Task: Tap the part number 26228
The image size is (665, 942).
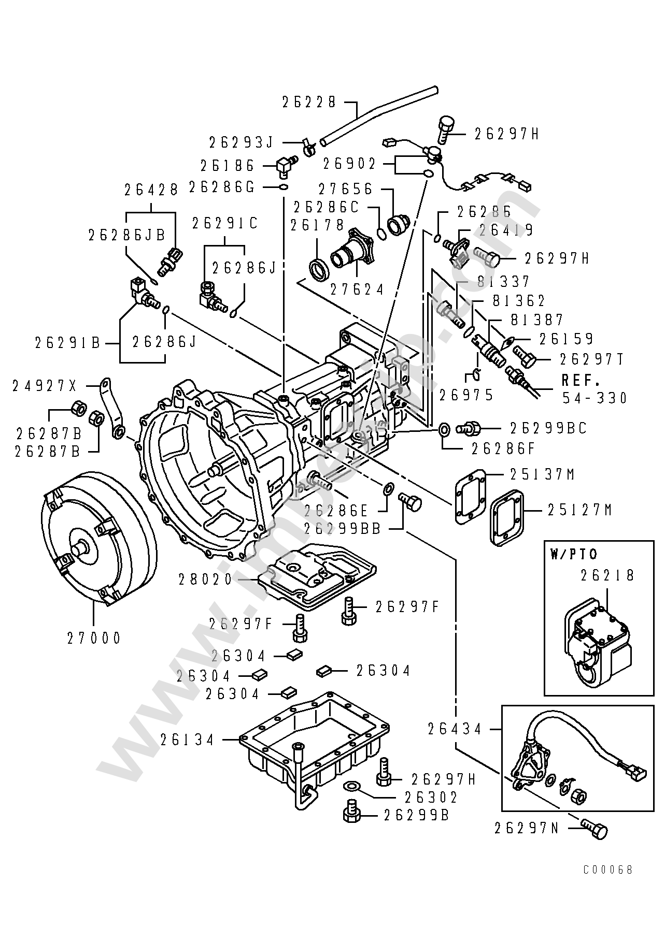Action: [309, 102]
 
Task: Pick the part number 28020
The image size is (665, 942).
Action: [206, 579]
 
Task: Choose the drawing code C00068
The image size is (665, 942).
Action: [608, 869]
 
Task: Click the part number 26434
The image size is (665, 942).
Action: [455, 729]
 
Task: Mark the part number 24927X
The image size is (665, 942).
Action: [45, 385]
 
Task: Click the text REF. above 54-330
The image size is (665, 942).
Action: [581, 381]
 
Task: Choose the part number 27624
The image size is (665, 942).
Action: [358, 289]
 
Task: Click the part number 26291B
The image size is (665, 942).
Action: [68, 342]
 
